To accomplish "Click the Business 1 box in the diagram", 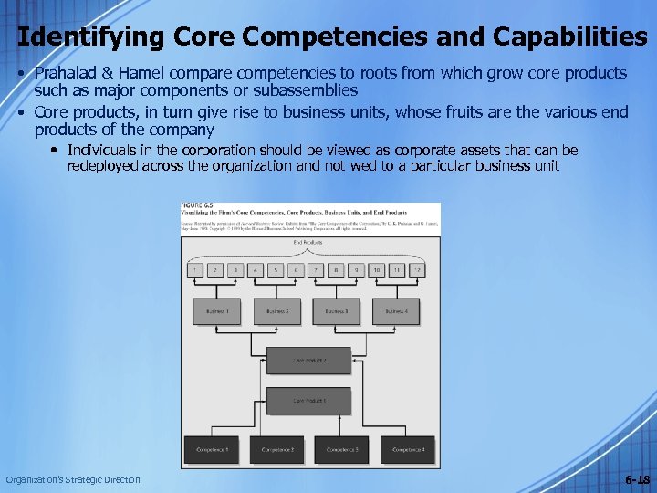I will (x=217, y=311).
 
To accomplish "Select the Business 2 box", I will (x=277, y=311).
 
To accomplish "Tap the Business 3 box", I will (x=337, y=311).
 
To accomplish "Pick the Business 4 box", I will (x=396, y=311).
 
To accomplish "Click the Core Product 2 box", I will (x=309, y=360).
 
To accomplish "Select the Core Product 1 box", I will (x=309, y=402).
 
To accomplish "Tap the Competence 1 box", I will (x=212, y=449).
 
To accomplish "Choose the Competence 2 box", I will (x=277, y=449).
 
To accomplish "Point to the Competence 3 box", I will (x=342, y=449).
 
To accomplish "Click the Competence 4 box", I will (x=408, y=449).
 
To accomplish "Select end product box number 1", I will (x=194, y=270).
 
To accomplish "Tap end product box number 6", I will (x=296, y=270).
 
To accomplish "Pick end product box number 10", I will (x=377, y=270).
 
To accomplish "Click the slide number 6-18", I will (x=637, y=479).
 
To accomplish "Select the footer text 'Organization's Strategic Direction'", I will (x=73, y=479).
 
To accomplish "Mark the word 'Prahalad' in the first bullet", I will (x=63, y=72).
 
